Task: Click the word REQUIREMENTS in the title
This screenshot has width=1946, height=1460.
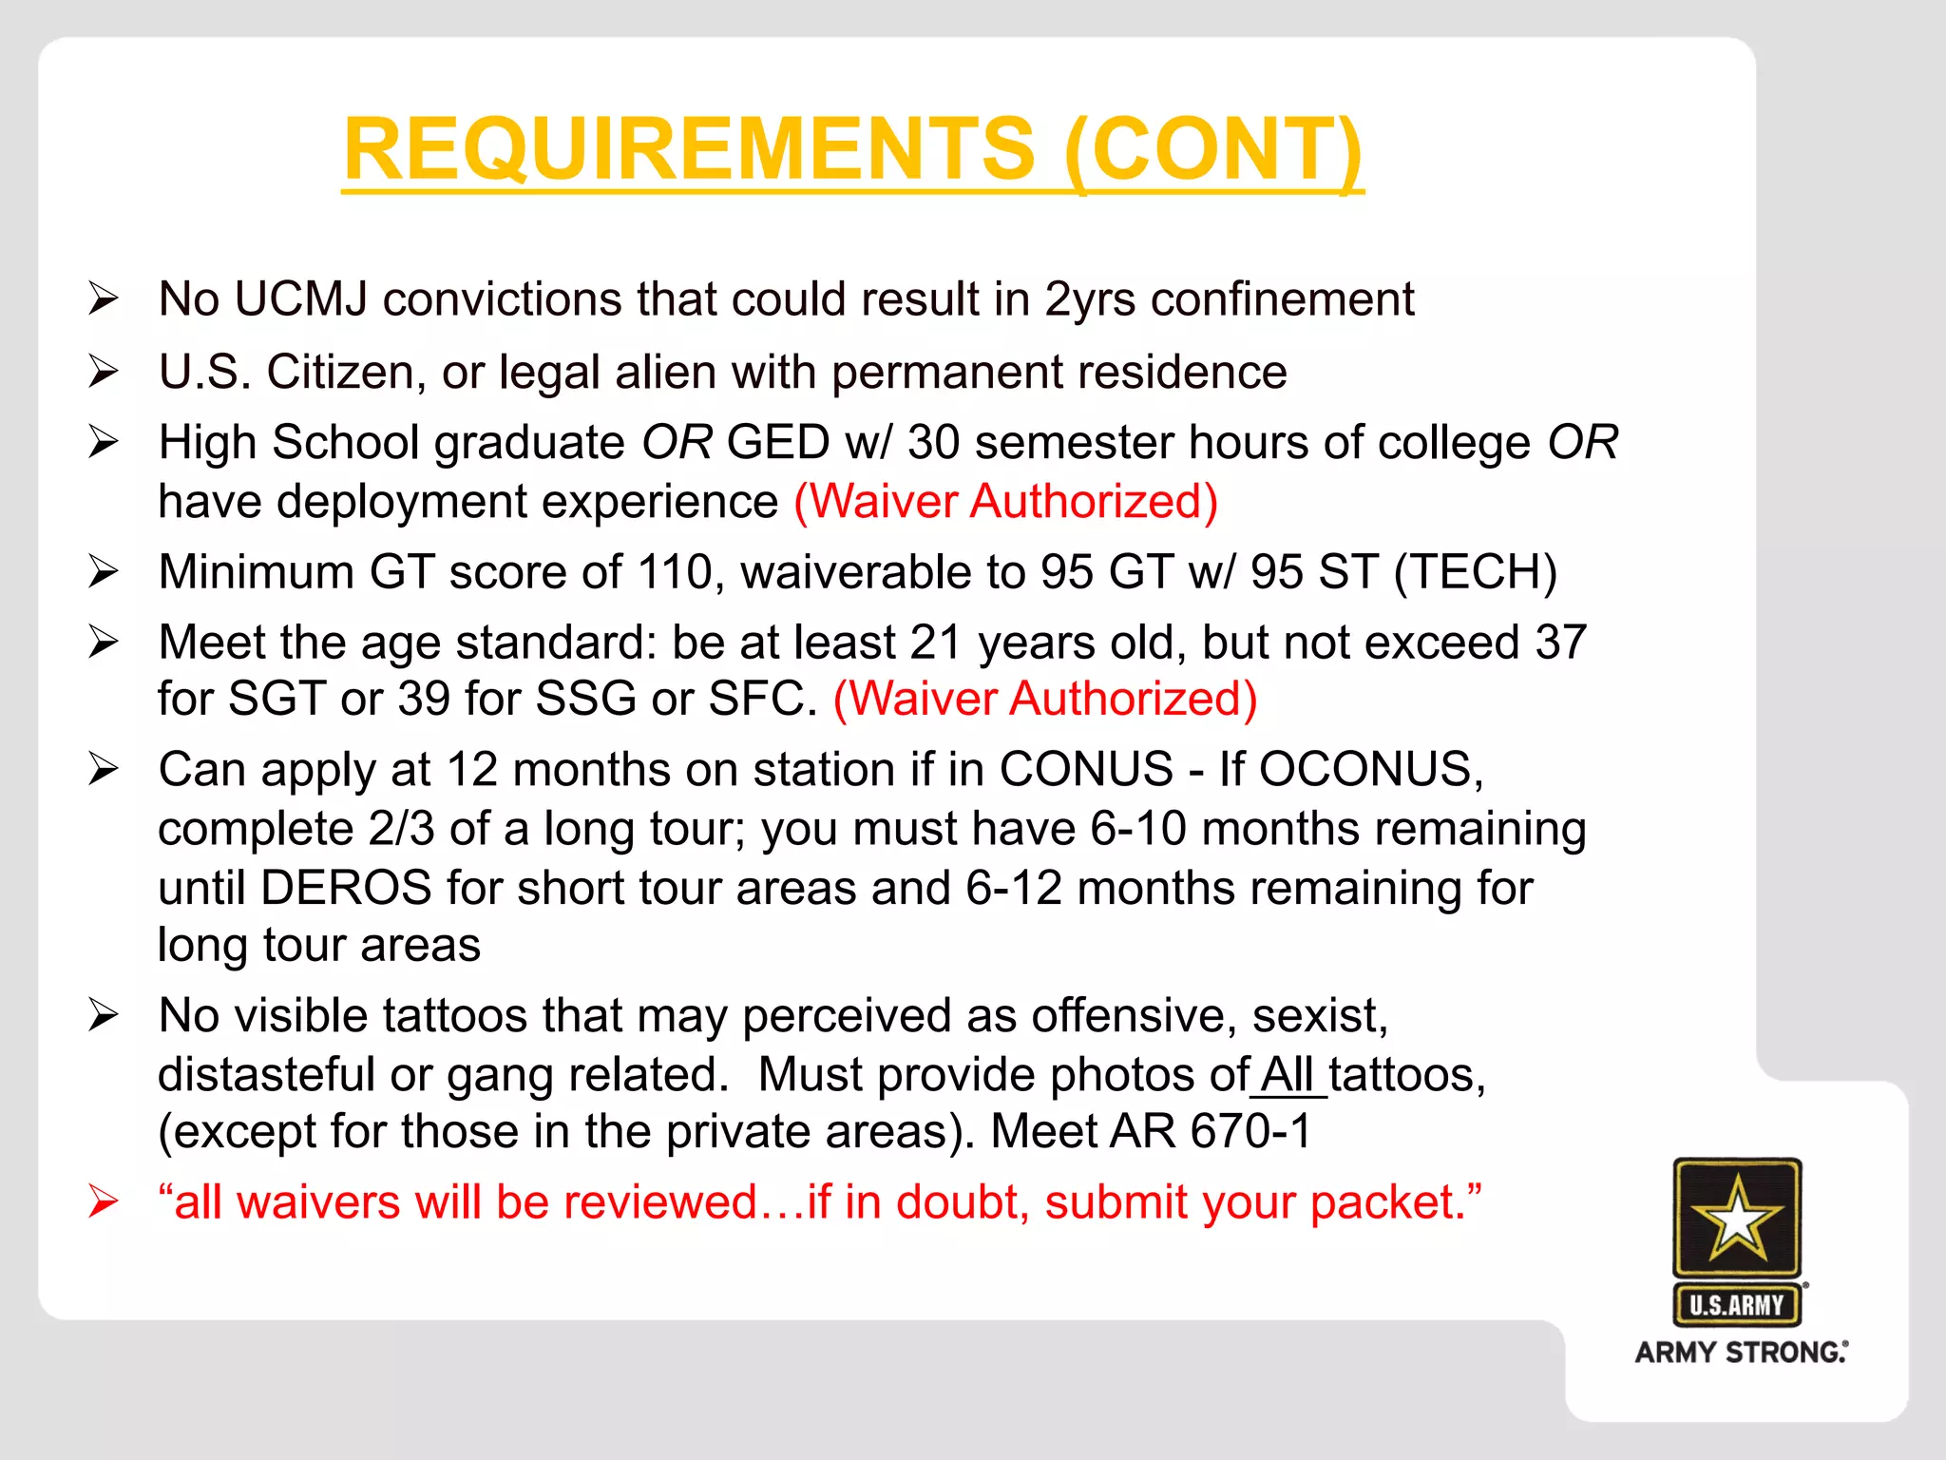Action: (x=689, y=149)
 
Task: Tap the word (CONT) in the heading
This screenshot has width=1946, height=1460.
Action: (x=1213, y=149)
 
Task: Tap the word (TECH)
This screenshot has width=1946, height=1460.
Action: (x=1475, y=572)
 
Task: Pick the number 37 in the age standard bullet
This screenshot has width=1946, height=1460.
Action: (x=1560, y=643)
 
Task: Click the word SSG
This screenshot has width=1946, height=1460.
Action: (x=585, y=700)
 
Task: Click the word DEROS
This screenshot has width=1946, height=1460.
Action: (x=346, y=888)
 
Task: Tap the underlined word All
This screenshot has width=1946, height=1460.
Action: (x=1288, y=1076)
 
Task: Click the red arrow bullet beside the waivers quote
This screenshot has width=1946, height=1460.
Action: (x=103, y=1202)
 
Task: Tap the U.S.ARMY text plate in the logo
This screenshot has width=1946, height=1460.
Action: (x=1737, y=1305)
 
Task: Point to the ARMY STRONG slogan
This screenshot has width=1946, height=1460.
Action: (x=1741, y=1353)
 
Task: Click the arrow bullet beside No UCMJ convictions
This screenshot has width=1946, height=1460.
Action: (x=103, y=299)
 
